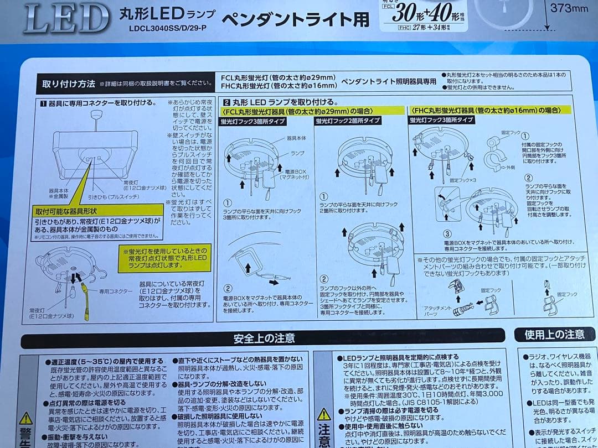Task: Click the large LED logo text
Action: click(66, 18)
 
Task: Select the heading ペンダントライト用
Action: click(295, 19)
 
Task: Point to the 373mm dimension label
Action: click(569, 8)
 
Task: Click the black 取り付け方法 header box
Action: click(69, 84)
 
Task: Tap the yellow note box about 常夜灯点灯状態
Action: click(167, 258)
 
